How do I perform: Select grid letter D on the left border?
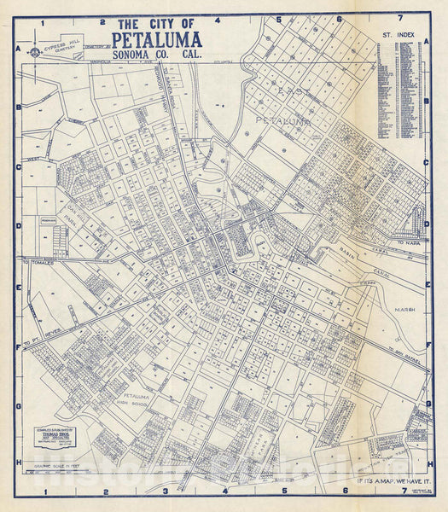coord(18,227)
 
